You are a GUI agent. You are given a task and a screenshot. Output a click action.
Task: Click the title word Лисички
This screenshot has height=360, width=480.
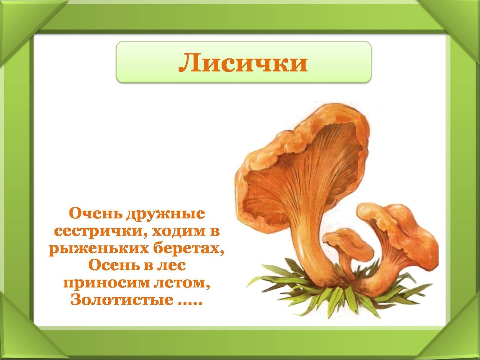pyautogui.click(x=243, y=63)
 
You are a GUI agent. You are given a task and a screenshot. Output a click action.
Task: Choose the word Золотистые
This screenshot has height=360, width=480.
pyautogui.click(x=122, y=300)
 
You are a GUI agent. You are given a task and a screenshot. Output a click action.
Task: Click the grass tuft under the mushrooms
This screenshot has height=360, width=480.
pyautogui.click(x=334, y=296)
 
